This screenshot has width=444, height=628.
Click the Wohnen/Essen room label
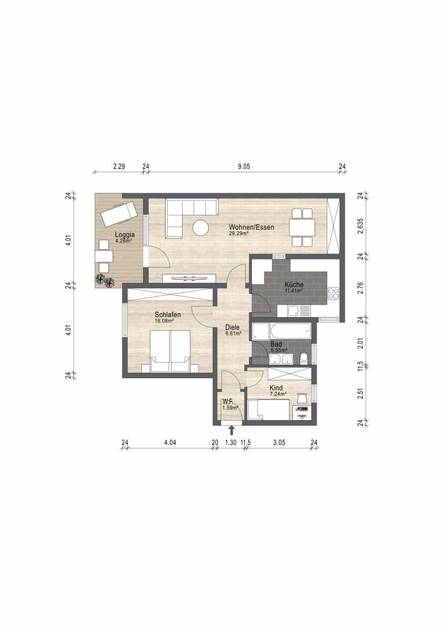click(x=251, y=227)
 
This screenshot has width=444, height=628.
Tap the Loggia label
click(x=124, y=235)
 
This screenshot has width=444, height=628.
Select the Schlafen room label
click(x=168, y=315)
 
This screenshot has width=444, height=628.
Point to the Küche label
click(x=295, y=284)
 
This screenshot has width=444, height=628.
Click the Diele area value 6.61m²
click(x=232, y=333)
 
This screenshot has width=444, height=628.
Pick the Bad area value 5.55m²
click(x=279, y=350)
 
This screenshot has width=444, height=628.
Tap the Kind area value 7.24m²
click(x=278, y=394)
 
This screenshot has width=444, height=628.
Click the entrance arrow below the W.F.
click(x=231, y=431)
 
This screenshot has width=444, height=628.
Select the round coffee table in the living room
click(x=200, y=228)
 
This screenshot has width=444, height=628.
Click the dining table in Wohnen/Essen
click(x=302, y=227)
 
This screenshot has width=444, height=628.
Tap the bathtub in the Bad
click(x=291, y=331)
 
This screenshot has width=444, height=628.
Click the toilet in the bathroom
click(x=304, y=358)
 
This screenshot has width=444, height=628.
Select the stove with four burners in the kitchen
click(x=333, y=293)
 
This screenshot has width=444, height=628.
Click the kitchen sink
click(x=294, y=310)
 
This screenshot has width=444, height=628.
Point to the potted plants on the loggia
click(x=105, y=280)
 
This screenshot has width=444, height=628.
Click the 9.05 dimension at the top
click(x=244, y=166)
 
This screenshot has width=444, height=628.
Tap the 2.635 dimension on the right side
click(x=360, y=224)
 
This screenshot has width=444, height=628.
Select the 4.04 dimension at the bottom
click(x=170, y=443)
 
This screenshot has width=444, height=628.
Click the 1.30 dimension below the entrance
click(x=230, y=443)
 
